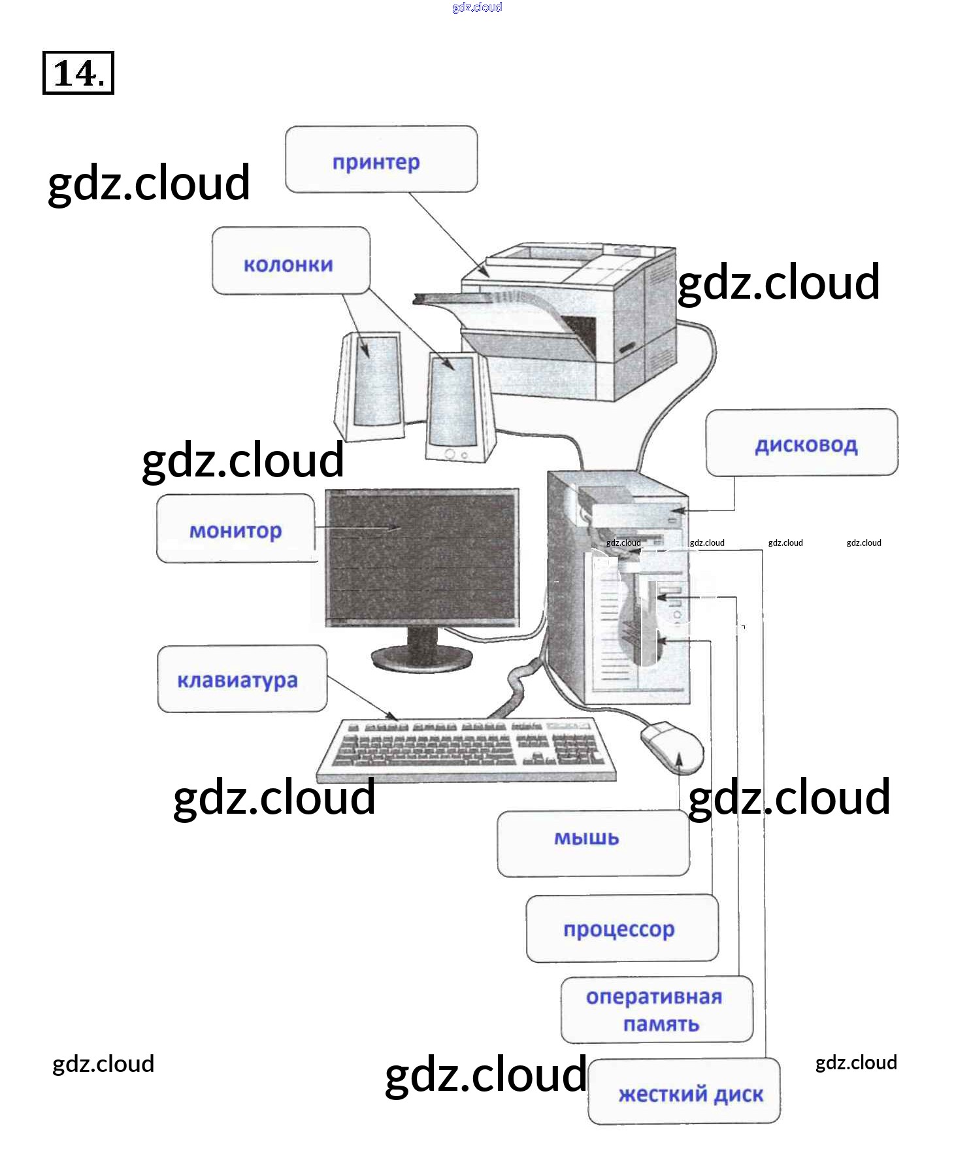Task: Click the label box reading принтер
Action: tap(381, 159)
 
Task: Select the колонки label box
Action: tap(291, 261)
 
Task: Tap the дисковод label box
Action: tap(802, 442)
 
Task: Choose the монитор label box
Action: tap(235, 528)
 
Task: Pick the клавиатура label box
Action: tap(242, 679)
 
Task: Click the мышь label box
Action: tap(593, 843)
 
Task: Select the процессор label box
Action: tap(622, 929)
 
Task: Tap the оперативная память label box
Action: tap(657, 1010)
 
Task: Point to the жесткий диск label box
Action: tap(684, 1092)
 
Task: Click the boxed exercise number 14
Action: tap(78, 73)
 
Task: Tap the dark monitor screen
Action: tap(422, 556)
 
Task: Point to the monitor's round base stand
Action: tap(421, 657)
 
